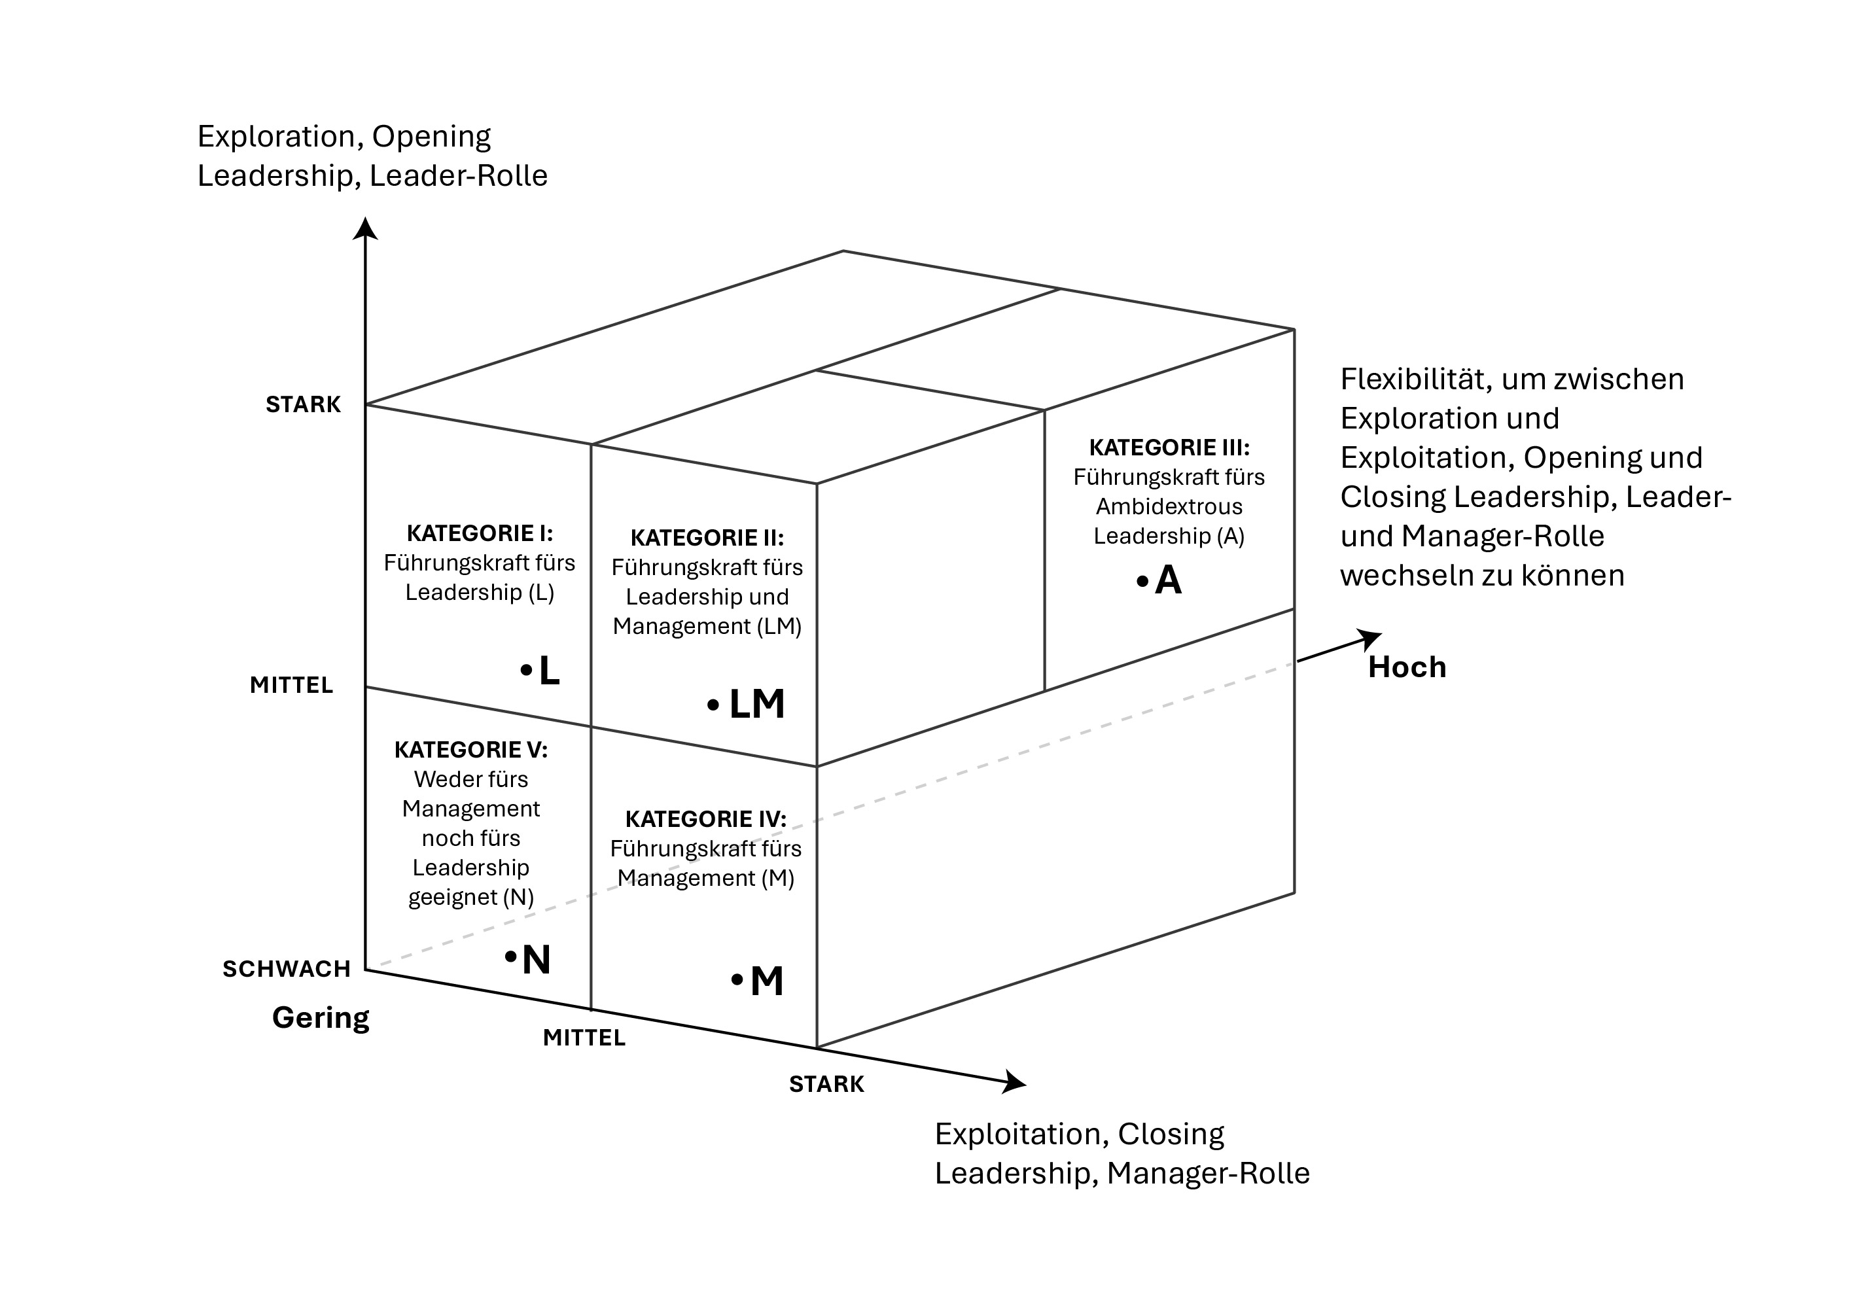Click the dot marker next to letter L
(x=527, y=669)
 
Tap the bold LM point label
(x=756, y=705)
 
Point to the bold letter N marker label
(x=537, y=960)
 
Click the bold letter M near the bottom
(x=767, y=981)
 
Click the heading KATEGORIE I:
(x=479, y=533)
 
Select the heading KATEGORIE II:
(x=707, y=538)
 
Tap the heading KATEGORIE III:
(x=1169, y=447)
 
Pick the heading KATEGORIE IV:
(x=705, y=819)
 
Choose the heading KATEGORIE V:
(x=471, y=750)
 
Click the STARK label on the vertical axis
(x=303, y=405)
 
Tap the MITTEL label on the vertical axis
(x=291, y=685)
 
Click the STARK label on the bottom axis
(x=826, y=1084)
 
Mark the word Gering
(x=321, y=1018)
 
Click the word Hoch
(x=1407, y=667)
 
